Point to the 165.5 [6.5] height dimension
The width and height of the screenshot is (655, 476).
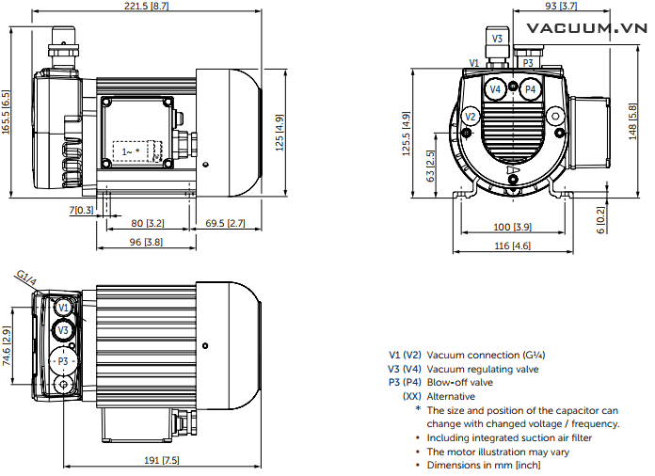click(7, 113)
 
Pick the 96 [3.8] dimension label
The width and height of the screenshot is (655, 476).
click(141, 242)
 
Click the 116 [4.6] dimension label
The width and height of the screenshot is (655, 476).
click(513, 246)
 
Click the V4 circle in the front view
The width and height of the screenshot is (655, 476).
click(496, 89)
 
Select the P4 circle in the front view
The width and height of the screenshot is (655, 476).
click(530, 89)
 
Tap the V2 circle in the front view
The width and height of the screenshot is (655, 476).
click(472, 116)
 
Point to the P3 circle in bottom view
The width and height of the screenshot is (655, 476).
click(63, 361)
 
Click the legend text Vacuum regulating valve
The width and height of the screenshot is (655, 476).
click(482, 369)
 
